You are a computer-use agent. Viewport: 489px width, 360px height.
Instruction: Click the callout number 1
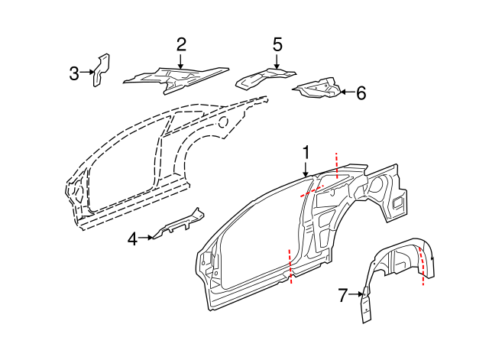click(x=306, y=152)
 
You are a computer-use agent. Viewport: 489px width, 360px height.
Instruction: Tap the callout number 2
click(x=181, y=44)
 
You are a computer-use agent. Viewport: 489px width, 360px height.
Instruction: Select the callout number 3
click(x=74, y=73)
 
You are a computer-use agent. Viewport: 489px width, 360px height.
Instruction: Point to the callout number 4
click(x=132, y=239)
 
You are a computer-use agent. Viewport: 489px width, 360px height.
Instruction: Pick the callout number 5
click(x=277, y=44)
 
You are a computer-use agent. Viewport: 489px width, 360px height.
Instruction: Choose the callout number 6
click(x=361, y=93)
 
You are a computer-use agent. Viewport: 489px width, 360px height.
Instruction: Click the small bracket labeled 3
click(x=101, y=70)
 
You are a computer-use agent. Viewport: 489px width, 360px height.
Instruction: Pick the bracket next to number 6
click(x=317, y=89)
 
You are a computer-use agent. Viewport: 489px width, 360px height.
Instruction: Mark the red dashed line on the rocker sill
click(x=290, y=266)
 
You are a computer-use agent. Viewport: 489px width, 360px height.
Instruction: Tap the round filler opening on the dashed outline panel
click(x=223, y=121)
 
